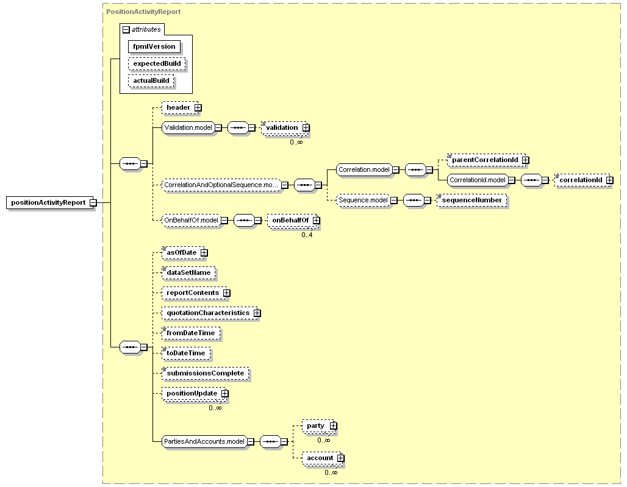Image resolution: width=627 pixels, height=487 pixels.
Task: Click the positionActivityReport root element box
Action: pos(48,202)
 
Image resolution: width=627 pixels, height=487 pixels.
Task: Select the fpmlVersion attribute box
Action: pos(154,46)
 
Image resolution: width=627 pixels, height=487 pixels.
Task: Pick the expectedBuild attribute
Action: pos(157,63)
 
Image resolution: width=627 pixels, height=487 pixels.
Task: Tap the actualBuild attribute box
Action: pos(151,80)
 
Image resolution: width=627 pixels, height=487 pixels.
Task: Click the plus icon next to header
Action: pos(198,108)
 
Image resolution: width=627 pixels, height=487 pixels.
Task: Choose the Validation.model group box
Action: pos(188,128)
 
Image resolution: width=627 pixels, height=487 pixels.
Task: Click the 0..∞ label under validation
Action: pos(296,142)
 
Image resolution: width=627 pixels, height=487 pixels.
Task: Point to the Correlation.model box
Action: pos(364,170)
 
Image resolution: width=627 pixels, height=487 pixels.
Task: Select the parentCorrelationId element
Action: pos(485,160)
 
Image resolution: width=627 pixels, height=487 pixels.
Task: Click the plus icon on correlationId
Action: pos(609,180)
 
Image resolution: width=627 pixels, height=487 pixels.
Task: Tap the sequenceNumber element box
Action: pos(472,200)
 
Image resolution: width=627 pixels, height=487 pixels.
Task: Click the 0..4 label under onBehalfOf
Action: pos(307,235)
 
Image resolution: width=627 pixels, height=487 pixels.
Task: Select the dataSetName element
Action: pos(188,273)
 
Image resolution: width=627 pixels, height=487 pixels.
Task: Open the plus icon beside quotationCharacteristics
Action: pos(257,313)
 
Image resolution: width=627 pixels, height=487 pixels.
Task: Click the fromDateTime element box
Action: pos(191,333)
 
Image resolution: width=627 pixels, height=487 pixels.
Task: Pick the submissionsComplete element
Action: pos(205,374)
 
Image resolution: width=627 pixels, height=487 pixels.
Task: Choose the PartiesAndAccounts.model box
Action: pos(204,441)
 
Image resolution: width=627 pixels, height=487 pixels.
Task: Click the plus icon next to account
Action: pos(340,458)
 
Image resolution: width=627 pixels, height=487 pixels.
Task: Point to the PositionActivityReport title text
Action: pos(143,12)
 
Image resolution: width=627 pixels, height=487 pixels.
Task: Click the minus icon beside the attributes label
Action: pos(126,30)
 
